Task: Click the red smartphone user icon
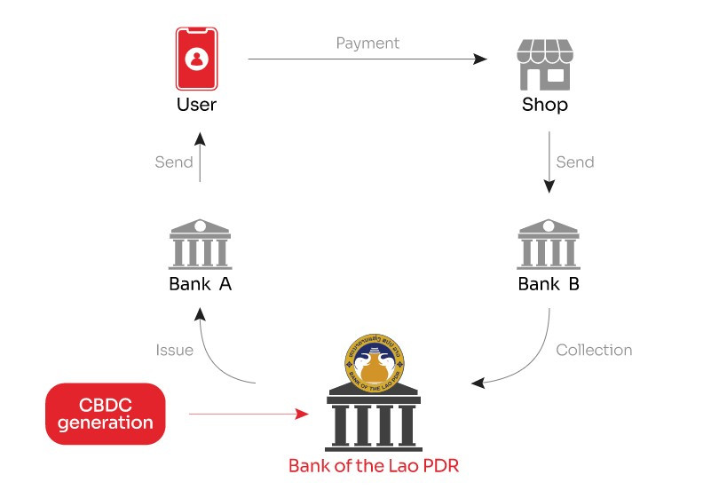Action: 196,59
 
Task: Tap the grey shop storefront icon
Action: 543,64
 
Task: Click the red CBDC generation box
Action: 106,413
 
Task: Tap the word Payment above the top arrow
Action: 367,43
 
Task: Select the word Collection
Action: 594,350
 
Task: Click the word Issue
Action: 174,350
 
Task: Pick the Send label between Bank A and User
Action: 174,162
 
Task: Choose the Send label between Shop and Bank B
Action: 574,162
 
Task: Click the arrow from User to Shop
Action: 367,59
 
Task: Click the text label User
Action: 196,106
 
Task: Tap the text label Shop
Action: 543,106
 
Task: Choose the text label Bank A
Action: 200,285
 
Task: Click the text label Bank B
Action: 549,285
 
